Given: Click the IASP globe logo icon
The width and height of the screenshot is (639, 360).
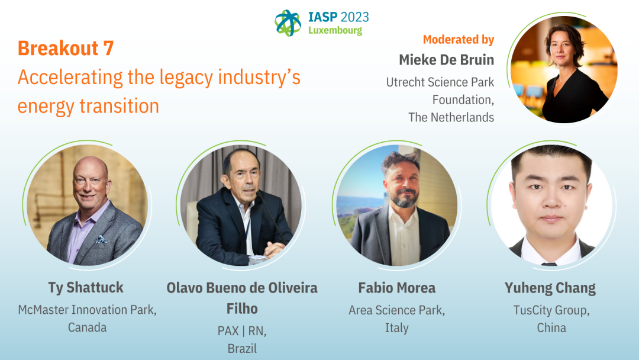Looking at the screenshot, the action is tap(288, 22).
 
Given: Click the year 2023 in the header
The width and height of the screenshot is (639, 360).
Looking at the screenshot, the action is tap(354, 17).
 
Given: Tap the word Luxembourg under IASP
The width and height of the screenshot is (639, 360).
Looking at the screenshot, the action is tap(335, 31).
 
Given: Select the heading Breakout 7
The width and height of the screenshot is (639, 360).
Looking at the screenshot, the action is tap(66, 48).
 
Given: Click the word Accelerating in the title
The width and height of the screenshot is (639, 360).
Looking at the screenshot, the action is tap(70, 78).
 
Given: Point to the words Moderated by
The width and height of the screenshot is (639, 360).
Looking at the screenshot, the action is tap(459, 40).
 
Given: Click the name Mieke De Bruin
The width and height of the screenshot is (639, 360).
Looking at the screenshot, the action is tap(447, 60).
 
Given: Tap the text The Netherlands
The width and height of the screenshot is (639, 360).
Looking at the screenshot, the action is tap(451, 117).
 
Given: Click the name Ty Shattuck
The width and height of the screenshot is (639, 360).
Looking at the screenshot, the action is tap(86, 288).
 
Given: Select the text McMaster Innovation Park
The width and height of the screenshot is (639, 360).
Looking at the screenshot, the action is tap(87, 310).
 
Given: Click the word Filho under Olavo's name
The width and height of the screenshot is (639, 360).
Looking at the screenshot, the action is tap(242, 308).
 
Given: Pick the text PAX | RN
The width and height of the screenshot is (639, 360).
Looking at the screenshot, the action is tap(242, 330).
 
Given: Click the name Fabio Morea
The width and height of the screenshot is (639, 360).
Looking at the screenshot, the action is tap(397, 288).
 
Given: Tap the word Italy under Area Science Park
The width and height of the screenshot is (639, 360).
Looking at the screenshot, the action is tap(397, 328).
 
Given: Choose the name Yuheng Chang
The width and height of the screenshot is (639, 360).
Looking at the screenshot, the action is tap(550, 288).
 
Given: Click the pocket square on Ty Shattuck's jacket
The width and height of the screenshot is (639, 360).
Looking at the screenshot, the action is tap(101, 239).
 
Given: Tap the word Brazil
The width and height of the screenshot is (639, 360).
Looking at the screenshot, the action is tap(242, 349).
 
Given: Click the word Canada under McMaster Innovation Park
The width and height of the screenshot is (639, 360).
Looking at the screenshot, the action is tap(87, 327).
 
